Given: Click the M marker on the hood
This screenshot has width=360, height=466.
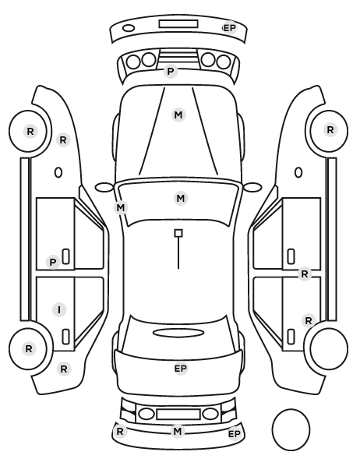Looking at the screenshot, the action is click(178, 115).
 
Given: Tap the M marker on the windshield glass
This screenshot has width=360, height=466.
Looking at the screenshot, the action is click(181, 198).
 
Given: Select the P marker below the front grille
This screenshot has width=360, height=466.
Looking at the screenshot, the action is click(171, 72).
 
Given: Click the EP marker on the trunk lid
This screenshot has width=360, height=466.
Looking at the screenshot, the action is click(181, 369).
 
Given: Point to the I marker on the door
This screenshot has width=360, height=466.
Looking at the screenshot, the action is click(59, 309).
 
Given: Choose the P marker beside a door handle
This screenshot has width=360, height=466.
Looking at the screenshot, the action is click(53, 262).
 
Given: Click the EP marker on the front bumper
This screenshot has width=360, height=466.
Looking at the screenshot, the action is click(230, 28).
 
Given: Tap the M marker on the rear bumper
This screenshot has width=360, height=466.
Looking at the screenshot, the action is click(178, 431).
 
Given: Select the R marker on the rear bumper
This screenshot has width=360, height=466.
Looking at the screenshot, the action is click(120, 431).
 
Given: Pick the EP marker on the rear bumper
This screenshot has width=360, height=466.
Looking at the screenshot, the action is click(235, 434).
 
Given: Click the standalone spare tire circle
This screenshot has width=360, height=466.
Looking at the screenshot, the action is click(291, 429).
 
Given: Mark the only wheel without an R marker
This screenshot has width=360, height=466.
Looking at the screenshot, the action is click(329, 348).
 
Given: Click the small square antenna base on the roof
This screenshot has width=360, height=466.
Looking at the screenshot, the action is click(178, 233).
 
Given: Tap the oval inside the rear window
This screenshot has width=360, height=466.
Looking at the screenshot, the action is click(178, 333).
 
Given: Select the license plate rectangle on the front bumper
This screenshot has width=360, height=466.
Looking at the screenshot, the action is click(178, 24).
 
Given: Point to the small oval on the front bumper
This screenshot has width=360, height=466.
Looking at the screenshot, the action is click(129, 28).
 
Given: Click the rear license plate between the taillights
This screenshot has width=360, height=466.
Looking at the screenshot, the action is click(178, 414).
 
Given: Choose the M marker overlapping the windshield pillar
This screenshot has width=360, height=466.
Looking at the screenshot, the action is click(121, 207).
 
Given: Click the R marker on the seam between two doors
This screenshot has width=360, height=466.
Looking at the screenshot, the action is click(305, 274).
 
